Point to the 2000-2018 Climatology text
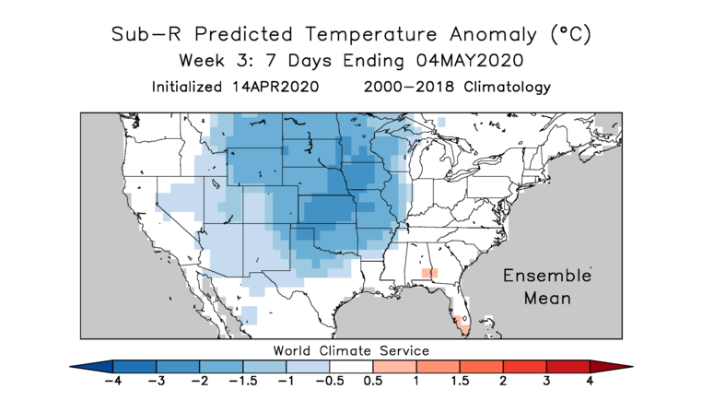[x=457, y=88]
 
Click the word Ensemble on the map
[x=546, y=277]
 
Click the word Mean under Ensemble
[x=547, y=298]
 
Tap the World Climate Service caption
[x=351, y=350]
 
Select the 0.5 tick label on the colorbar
[x=373, y=380]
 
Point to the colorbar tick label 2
[x=503, y=380]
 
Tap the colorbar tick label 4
[x=590, y=380]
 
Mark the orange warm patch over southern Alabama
[x=428, y=273]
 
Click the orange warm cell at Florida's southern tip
[x=463, y=328]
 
